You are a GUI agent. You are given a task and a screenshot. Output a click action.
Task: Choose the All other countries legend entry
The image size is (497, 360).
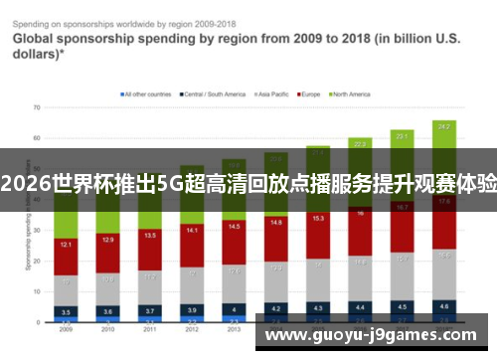145,94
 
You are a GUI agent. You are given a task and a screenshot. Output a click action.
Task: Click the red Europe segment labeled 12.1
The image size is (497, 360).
66,244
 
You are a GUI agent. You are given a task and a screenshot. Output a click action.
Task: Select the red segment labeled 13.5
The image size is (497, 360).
149,236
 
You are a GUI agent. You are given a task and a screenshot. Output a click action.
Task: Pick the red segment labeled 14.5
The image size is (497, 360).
234,227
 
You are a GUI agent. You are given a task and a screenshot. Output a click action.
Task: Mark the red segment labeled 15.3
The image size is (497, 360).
318,218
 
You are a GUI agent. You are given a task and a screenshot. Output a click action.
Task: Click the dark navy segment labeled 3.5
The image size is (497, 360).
66,311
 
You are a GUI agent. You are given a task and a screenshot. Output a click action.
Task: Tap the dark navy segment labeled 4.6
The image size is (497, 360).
443,306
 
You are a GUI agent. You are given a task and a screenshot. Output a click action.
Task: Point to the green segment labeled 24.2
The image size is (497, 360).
443,126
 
